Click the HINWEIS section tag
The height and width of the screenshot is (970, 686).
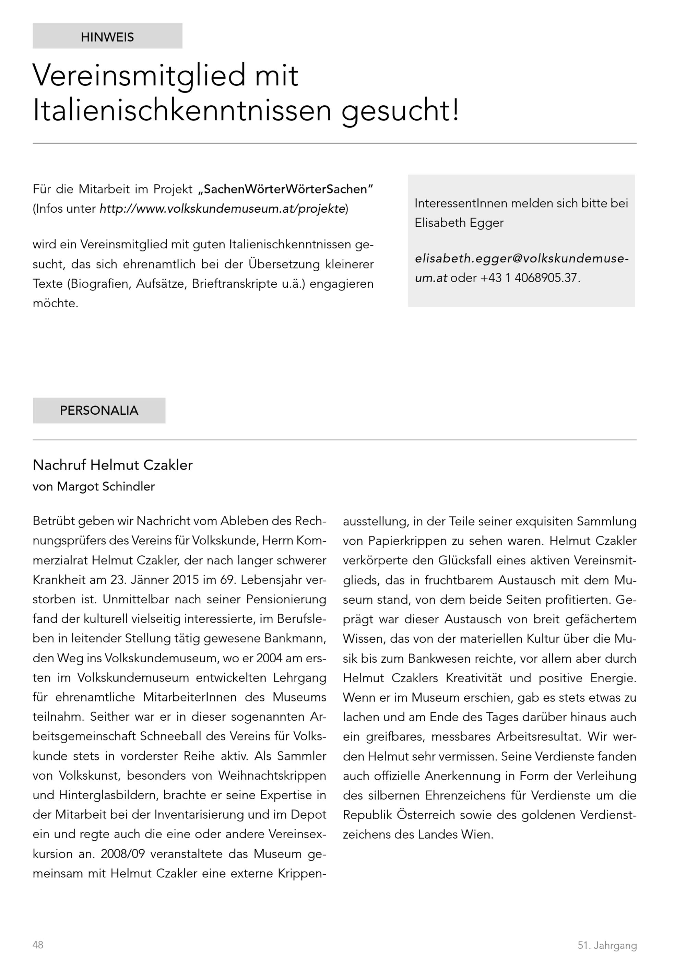coord(107,37)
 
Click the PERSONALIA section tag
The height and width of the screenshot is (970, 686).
coord(99,410)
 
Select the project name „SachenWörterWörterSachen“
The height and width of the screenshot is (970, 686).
coord(286,189)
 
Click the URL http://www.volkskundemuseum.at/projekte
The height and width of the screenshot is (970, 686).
coord(223,209)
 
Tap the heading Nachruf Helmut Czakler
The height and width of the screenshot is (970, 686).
coord(113,465)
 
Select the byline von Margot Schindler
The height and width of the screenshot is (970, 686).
coord(94,486)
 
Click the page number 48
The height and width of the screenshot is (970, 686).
coord(38,945)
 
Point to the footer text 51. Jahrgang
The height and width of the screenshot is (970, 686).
coord(607,945)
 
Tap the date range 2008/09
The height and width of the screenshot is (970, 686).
coord(122,853)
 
